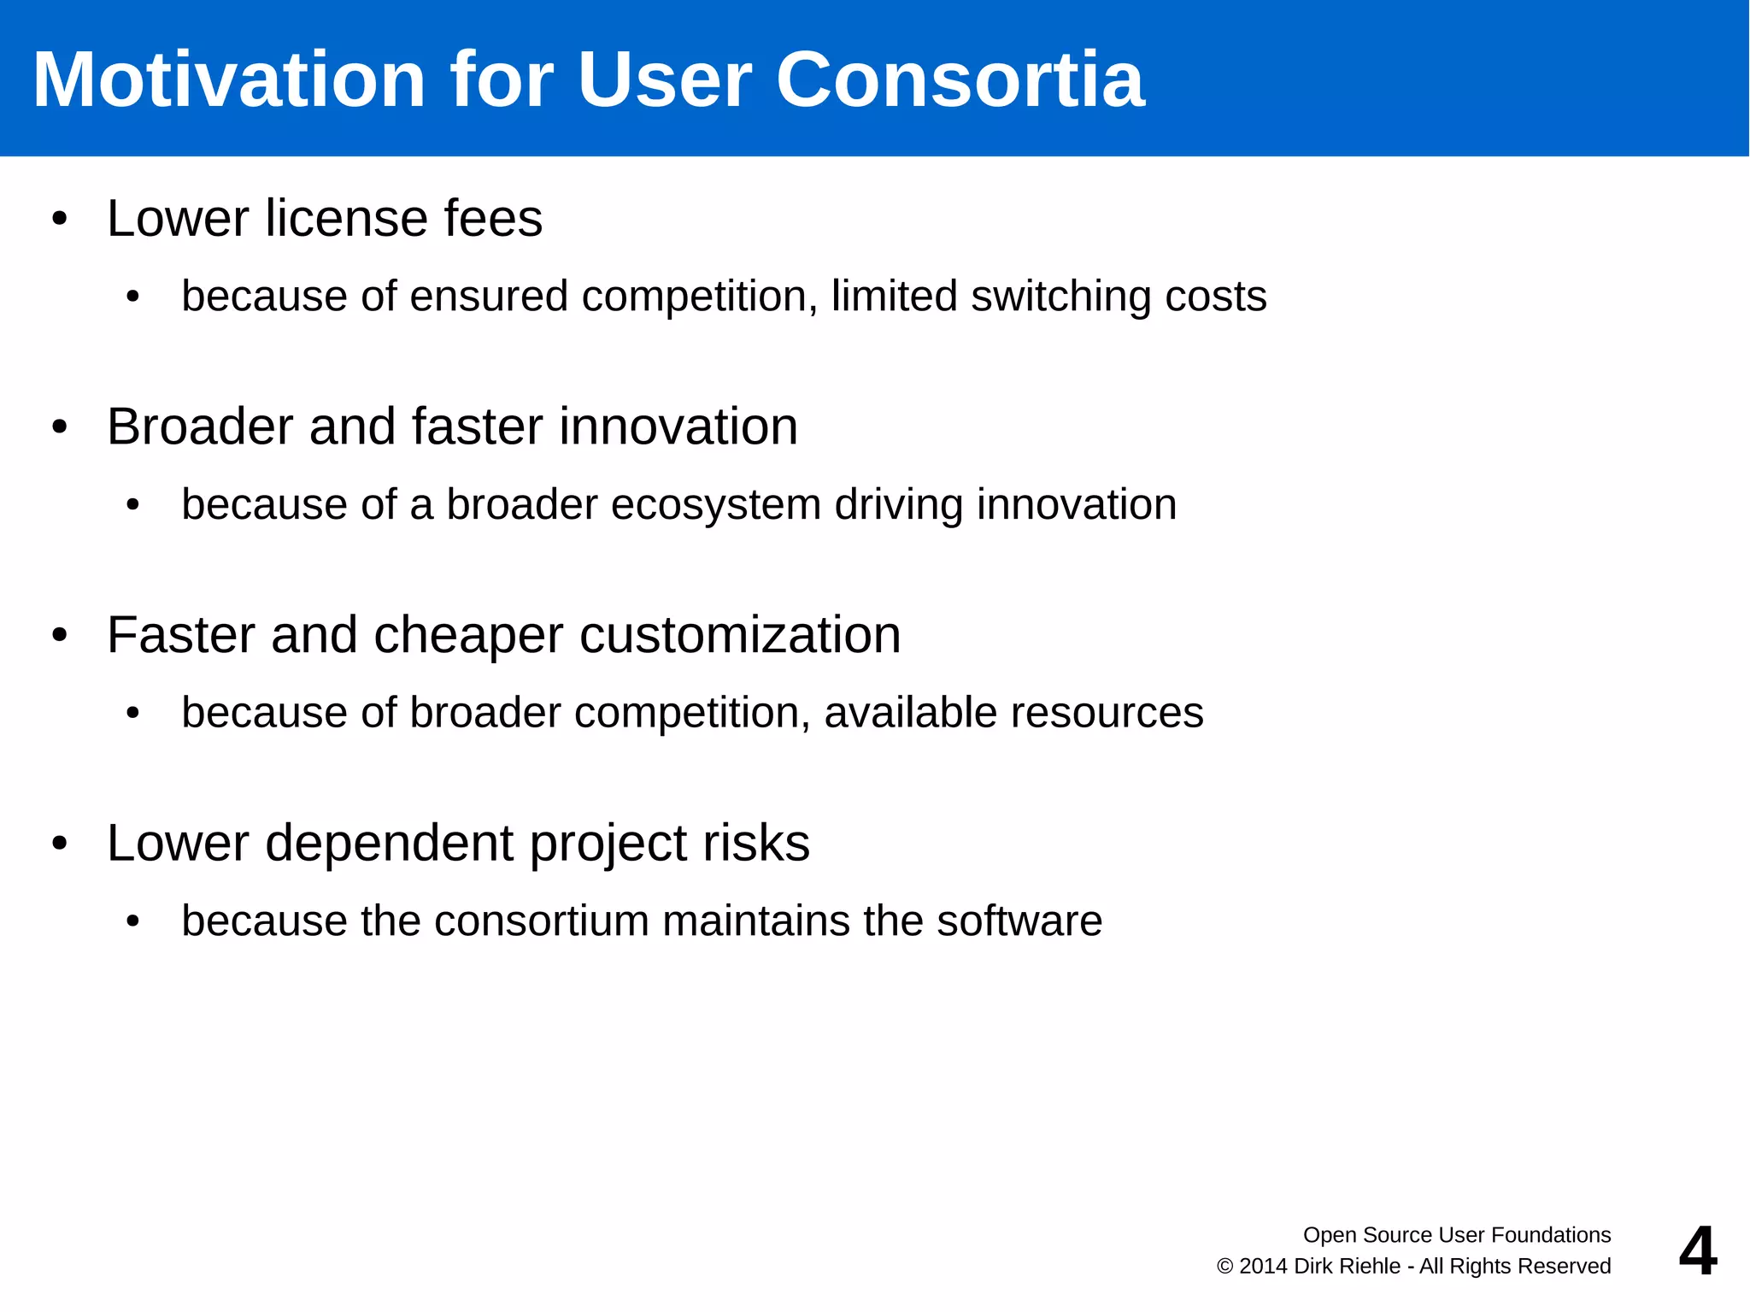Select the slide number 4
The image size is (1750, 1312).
[x=1697, y=1250]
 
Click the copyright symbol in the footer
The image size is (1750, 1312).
[x=1224, y=1267]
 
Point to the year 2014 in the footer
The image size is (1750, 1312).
[x=1264, y=1266]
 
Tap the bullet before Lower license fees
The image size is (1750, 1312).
[x=59, y=219]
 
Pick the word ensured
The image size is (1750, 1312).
[x=489, y=297]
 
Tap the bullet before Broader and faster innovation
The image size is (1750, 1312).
[x=59, y=427]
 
